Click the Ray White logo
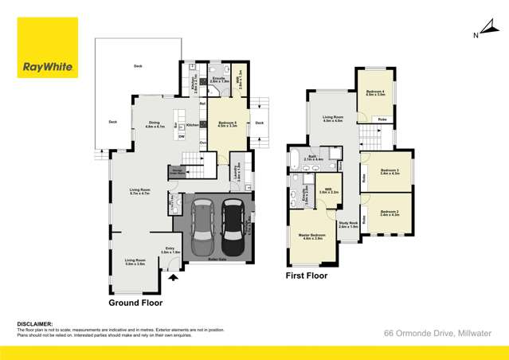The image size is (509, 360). tap(49, 48)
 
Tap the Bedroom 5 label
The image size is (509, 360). tap(227, 123)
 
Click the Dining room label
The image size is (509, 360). tap(154, 123)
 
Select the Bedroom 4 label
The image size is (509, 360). tap(374, 92)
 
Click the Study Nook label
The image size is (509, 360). tap(348, 224)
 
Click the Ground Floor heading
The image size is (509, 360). tap(135, 303)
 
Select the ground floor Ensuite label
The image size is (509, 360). tap(220, 79)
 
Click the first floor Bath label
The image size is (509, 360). tap(313, 157)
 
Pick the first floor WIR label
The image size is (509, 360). tap(327, 189)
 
